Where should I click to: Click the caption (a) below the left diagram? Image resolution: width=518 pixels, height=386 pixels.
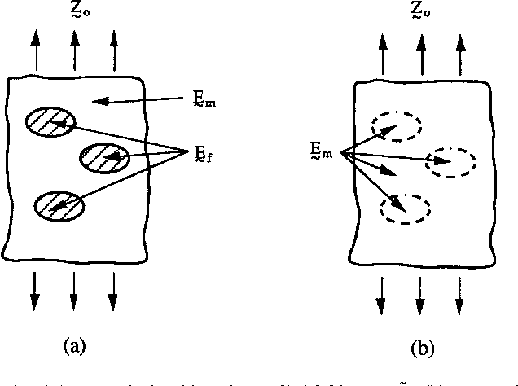point(74,346)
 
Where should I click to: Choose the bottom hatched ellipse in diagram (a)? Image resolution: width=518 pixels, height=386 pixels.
point(59,205)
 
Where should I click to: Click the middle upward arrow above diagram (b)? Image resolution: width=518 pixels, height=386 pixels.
point(420,59)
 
